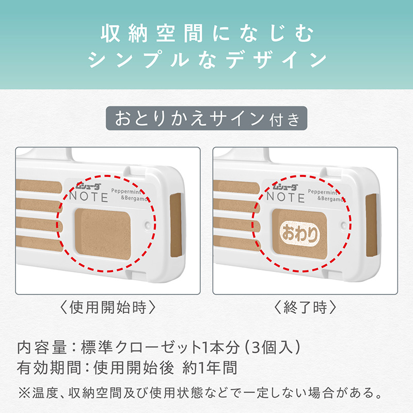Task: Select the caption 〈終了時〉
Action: [x=305, y=308]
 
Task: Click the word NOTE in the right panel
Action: [x=285, y=197]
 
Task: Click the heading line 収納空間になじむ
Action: [x=206, y=35]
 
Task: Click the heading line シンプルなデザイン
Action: [x=206, y=60]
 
